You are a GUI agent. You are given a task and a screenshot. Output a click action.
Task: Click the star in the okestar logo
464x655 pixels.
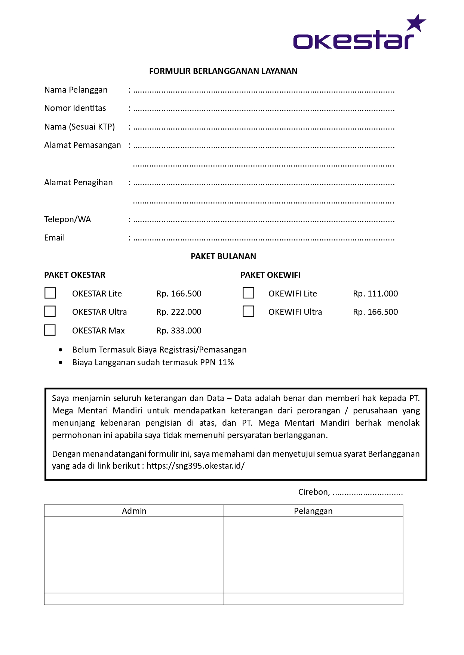point(416,23)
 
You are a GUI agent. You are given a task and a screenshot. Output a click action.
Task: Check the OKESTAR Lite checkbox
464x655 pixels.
point(50,293)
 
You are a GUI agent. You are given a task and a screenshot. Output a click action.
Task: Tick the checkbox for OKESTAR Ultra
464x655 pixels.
point(50,311)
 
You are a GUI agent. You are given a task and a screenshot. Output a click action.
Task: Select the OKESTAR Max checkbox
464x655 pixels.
point(50,330)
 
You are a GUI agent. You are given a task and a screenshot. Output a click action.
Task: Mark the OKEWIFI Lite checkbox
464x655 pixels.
point(248,293)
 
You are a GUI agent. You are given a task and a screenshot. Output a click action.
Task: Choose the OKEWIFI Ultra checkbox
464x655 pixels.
point(248,311)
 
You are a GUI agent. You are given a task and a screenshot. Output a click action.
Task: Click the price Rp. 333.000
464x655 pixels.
point(179,331)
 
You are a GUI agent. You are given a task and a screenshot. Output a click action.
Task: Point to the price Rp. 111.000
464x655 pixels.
point(375,294)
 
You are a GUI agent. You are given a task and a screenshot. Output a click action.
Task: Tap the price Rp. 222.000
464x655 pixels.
point(179,312)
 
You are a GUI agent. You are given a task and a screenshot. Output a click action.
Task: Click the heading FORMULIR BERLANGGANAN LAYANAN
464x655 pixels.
point(223,71)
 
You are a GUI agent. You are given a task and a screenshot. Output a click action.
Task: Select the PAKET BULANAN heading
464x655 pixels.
point(223,257)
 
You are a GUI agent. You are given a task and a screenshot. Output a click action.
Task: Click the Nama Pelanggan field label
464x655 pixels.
point(76,90)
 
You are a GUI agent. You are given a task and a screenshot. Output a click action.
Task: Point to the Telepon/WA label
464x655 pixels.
point(68,220)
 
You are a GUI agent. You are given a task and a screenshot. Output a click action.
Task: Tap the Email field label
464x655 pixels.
point(55,238)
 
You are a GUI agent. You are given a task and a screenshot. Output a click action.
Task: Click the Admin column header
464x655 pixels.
point(134,511)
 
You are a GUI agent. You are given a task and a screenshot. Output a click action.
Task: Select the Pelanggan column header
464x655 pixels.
point(313,511)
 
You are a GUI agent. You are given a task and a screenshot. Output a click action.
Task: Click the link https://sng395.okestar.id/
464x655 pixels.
point(196,466)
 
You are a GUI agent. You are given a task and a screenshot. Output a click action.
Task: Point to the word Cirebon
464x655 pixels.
point(313,492)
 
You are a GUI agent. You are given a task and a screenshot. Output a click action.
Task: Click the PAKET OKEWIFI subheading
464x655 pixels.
point(270,275)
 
